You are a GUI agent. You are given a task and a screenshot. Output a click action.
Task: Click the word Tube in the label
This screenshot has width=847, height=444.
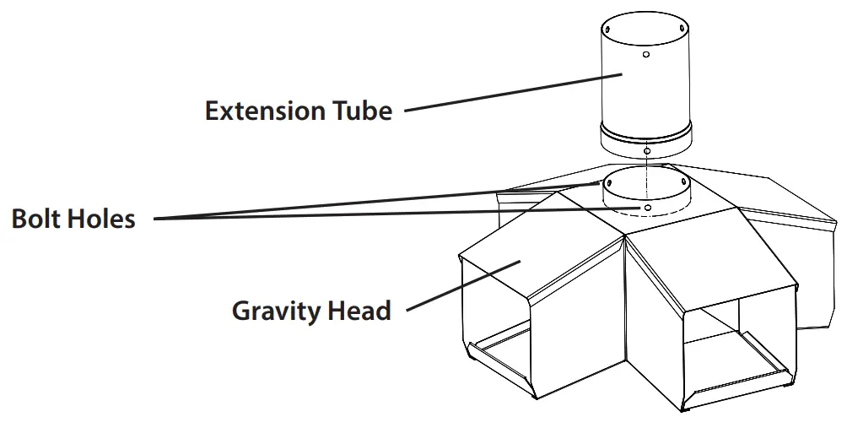point(364,111)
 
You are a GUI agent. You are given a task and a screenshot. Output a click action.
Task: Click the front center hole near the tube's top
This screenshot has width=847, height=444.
point(645,55)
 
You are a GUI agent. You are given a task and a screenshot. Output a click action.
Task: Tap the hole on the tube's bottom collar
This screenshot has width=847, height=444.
point(646,151)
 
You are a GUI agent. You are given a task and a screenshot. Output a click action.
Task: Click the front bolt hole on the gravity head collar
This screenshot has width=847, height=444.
point(646,207)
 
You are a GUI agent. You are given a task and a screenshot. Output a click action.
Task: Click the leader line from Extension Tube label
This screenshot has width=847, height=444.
point(506,93)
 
